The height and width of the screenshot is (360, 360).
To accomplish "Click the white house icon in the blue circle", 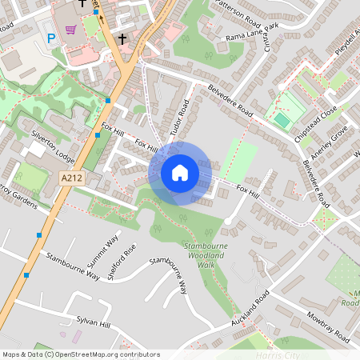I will [x=180, y=173].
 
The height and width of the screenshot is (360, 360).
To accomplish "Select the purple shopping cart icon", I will [x=70, y=30].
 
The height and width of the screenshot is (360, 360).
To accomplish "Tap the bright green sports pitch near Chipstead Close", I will [x=282, y=120].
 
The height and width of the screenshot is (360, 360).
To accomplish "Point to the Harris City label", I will [x=272, y=354].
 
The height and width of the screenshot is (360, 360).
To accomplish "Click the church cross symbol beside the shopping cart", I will [x=122, y=38].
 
